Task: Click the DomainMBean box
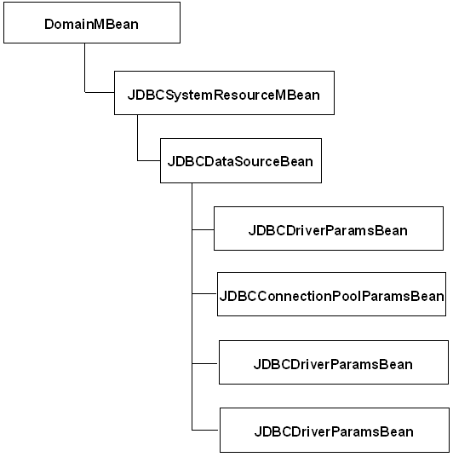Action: click(91, 22)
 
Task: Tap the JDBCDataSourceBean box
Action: click(241, 160)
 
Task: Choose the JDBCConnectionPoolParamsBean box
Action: click(331, 295)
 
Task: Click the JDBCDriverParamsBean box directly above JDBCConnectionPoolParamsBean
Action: click(328, 228)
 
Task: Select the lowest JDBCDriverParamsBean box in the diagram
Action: click(333, 431)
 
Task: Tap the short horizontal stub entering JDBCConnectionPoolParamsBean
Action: click(204, 295)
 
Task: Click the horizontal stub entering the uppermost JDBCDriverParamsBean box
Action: click(203, 228)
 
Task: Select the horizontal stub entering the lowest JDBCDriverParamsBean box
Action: click(205, 429)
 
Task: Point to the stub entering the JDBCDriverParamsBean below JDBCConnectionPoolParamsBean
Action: click(205, 362)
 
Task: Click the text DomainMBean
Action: click(91, 24)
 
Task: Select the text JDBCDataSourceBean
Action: click(241, 161)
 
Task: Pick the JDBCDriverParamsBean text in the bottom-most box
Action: click(333, 431)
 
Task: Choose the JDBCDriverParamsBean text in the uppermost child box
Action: click(328, 230)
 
